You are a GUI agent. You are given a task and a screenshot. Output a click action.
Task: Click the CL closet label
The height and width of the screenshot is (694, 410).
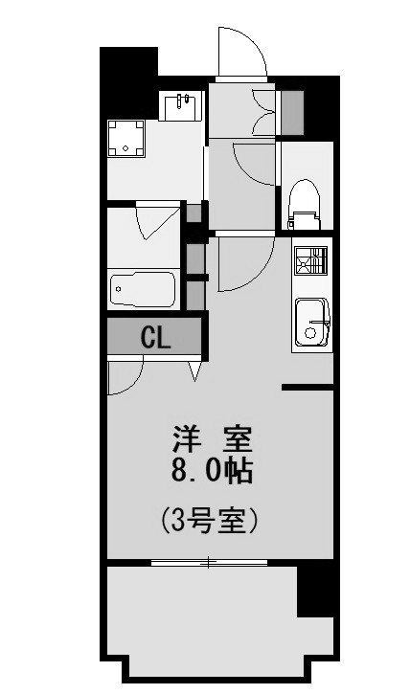coord(155,337)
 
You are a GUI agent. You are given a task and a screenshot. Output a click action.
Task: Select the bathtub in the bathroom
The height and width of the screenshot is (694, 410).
coord(143,288)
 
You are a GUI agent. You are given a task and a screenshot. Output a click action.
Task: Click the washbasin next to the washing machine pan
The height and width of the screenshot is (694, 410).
coord(180,107)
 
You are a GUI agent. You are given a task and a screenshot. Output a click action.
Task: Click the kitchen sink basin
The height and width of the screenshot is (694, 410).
coord(311,321)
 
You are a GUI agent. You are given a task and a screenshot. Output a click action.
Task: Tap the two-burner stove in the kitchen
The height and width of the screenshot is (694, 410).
coord(310,259)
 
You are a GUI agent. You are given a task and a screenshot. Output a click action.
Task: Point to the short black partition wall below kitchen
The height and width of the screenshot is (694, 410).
coord(307,388)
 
